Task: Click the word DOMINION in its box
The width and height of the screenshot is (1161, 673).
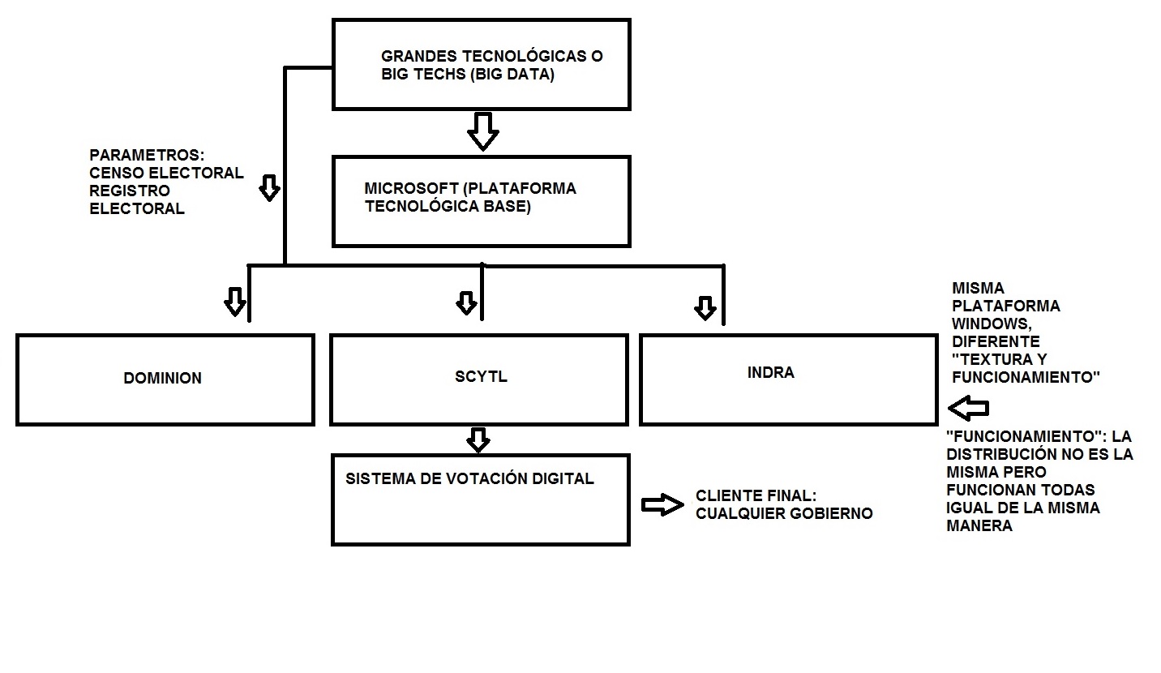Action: coord(162,379)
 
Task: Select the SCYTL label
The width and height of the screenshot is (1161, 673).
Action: coord(481,377)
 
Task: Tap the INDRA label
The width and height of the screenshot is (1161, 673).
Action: coord(770,373)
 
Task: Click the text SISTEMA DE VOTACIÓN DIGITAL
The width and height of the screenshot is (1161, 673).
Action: coord(469,478)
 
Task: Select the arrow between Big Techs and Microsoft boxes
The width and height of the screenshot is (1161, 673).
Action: coord(482,131)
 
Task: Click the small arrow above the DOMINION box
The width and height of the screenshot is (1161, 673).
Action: coord(235,302)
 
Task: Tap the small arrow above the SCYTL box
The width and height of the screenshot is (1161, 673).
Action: coord(466,303)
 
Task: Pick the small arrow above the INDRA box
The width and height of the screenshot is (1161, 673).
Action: coord(705,308)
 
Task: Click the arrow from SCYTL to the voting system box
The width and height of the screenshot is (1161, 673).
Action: coord(478,440)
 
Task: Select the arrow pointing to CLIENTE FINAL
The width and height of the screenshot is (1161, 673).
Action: coord(662,504)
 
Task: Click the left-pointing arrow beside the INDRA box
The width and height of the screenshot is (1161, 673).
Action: coord(968,408)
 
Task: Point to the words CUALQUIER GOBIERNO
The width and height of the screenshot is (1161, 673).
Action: coord(784,513)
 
